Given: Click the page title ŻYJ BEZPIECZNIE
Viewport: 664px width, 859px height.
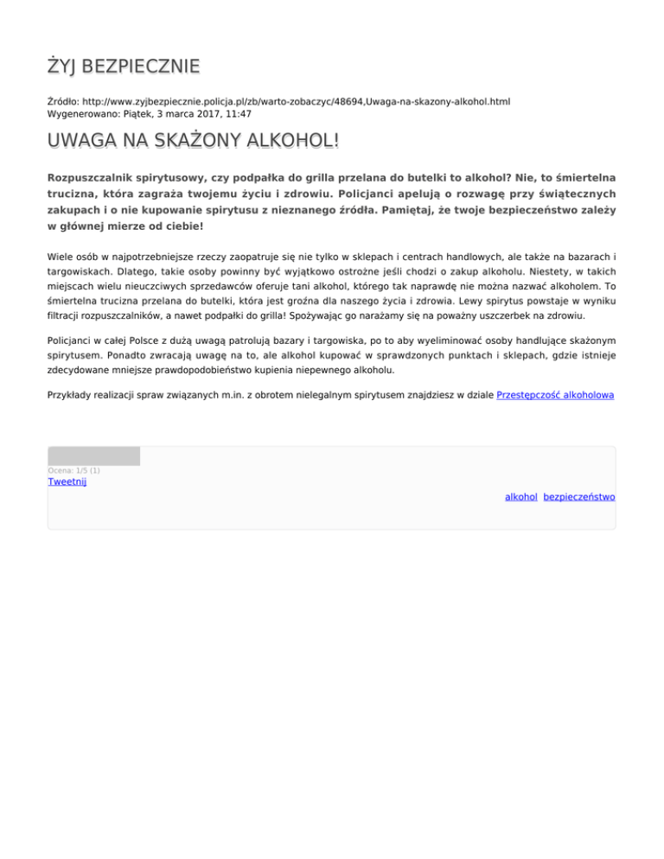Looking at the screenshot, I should point(123,67).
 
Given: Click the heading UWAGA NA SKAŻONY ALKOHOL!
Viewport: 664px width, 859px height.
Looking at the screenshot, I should point(193,141).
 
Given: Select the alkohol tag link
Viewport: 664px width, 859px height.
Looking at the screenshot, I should point(521,497).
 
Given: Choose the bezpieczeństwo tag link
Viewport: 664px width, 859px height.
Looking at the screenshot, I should point(579,497).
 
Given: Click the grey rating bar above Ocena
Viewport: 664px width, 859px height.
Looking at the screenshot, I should point(93,455).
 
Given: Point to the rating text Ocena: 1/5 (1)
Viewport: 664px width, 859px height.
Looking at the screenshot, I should point(73,470).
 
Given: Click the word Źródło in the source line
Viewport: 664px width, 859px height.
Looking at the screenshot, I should point(62,101).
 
